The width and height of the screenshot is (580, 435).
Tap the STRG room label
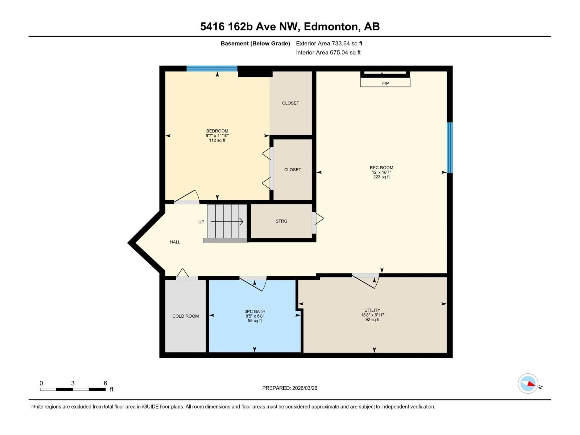(x=281, y=221)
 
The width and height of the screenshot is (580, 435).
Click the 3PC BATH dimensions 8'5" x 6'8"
(x=255, y=316)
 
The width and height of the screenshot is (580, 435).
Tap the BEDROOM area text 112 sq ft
(x=217, y=140)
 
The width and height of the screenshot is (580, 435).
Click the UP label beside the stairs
(x=201, y=222)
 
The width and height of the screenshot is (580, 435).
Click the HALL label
(x=175, y=242)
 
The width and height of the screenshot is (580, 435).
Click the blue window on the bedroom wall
(x=212, y=68)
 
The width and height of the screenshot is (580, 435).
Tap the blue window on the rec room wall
(x=450, y=148)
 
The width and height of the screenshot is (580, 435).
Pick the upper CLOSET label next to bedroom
(x=290, y=103)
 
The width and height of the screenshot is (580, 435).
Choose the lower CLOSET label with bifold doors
(x=292, y=170)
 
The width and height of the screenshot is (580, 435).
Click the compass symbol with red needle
(x=528, y=383)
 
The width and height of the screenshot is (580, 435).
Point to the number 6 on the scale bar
(x=105, y=383)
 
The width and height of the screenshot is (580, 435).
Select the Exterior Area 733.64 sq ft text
(x=329, y=43)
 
